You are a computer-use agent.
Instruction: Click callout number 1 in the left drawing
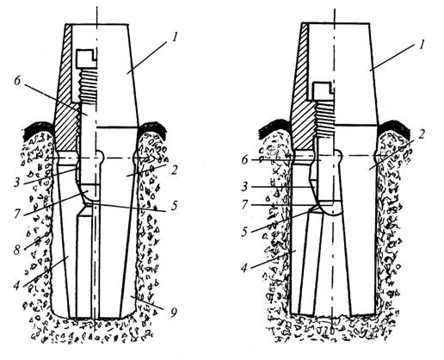pyautogui.click(x=176, y=38)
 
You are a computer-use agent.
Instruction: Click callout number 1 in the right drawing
pyautogui.click(x=421, y=46)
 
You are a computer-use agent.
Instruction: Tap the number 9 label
pyautogui.click(x=173, y=313)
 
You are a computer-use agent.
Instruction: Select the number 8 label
pyautogui.click(x=17, y=250)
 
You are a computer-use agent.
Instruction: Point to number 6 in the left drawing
pyautogui.click(x=17, y=81)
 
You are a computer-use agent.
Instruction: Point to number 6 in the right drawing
pyautogui.click(x=244, y=160)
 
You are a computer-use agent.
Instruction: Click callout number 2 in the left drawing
pyautogui.click(x=173, y=170)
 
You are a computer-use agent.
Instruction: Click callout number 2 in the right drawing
pyautogui.click(x=421, y=134)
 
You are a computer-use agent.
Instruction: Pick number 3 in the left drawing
pyautogui.click(x=17, y=183)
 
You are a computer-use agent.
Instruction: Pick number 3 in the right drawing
pyautogui.click(x=244, y=187)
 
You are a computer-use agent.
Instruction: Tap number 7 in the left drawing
pyautogui.click(x=17, y=214)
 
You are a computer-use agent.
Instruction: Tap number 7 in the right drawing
pyautogui.click(x=244, y=205)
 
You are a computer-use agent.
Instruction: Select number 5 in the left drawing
pyautogui.click(x=174, y=206)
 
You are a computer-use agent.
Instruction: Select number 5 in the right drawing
pyautogui.click(x=244, y=232)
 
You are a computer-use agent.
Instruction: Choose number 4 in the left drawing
pyautogui.click(x=17, y=285)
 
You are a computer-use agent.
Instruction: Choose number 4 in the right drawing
pyautogui.click(x=244, y=269)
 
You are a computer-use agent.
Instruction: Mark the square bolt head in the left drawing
pyautogui.click(x=86, y=59)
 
